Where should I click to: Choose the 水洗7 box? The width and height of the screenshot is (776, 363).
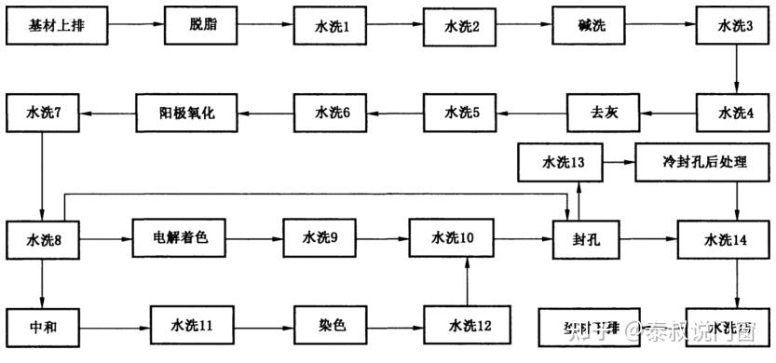(x=44, y=113)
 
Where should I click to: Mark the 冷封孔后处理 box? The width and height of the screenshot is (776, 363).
(x=703, y=162)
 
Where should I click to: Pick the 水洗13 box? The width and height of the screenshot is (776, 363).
(x=563, y=162)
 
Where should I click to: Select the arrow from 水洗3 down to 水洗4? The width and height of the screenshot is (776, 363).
(x=736, y=70)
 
